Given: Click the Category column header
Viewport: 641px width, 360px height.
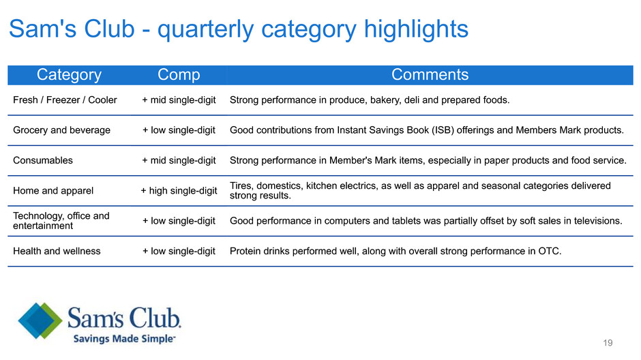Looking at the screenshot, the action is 69,75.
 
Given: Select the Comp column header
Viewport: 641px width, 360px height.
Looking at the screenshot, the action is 179,75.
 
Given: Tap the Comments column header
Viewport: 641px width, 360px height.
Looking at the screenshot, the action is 430,75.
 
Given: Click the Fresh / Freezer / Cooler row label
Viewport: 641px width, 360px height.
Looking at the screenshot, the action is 65,100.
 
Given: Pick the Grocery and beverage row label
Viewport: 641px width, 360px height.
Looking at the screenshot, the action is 62,130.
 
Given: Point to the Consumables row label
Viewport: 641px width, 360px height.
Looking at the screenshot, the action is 43,160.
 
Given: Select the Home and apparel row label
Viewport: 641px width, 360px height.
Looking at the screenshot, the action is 53,191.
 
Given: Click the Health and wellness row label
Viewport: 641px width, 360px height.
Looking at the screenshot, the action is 57,251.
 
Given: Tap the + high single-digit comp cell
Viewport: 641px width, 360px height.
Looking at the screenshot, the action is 179,191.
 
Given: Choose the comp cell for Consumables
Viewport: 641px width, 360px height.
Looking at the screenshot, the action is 179,161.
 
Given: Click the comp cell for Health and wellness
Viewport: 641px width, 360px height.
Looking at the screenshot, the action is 179,252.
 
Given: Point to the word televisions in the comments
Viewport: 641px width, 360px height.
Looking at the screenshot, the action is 597,221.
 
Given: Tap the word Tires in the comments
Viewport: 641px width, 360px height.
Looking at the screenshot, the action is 241,186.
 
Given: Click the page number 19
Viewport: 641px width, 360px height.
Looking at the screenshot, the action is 608,343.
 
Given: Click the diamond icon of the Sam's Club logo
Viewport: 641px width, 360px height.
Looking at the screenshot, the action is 40,320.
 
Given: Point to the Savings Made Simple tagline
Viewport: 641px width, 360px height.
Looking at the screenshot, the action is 124,339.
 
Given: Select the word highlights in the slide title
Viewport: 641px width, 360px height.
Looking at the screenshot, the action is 416,29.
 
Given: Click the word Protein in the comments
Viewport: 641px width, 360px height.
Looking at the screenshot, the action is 245,251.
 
